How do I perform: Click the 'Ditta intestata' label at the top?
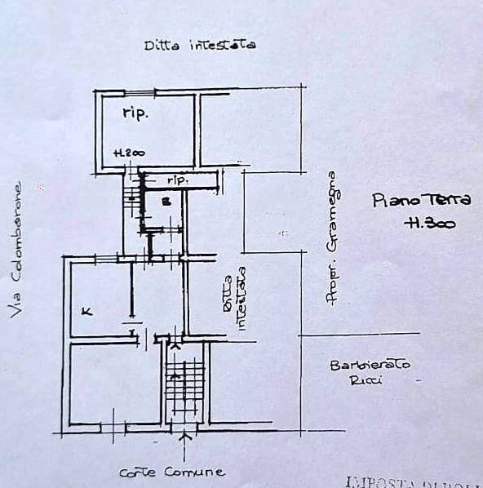pyautogui.click(x=200, y=45)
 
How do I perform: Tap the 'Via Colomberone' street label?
pyautogui.click(x=16, y=249)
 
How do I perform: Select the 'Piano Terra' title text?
pyautogui.click(x=410, y=200)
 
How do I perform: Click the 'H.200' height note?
pyautogui.click(x=129, y=153)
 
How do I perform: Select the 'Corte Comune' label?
pyautogui.click(x=171, y=472)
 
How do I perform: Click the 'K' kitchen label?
pyautogui.click(x=86, y=310)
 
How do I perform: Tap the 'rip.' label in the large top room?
pyautogui.click(x=135, y=113)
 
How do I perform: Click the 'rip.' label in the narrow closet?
pyautogui.click(x=178, y=178)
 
